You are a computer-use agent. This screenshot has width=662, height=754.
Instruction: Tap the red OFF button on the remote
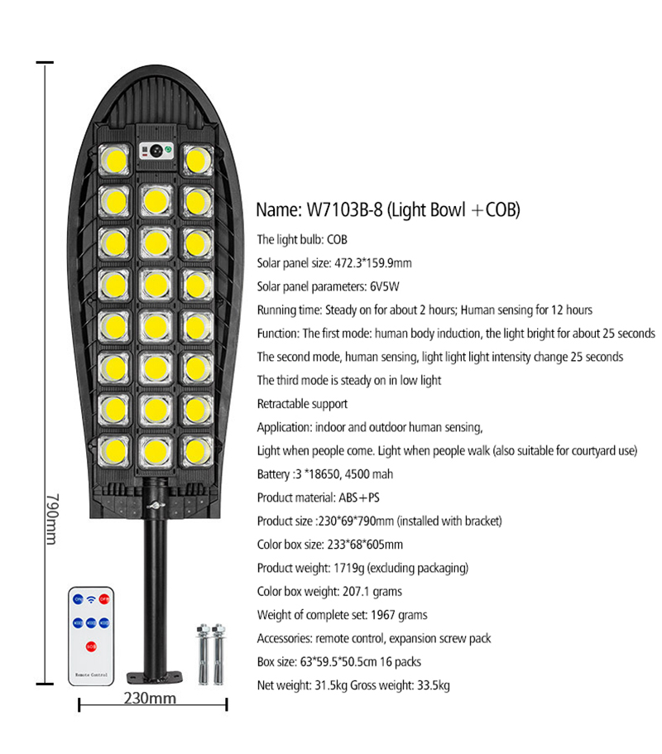click(x=103, y=599)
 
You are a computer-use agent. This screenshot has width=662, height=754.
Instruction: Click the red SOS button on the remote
click(x=91, y=646)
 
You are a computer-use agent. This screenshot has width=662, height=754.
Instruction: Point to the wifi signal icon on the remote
click(x=91, y=600)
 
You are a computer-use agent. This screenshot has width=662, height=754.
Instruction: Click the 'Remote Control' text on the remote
click(x=91, y=675)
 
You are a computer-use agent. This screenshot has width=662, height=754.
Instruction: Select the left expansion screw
click(x=204, y=654)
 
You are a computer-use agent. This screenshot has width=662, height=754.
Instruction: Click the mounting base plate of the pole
click(x=155, y=678)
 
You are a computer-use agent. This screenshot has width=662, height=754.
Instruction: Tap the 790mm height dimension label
click(x=52, y=518)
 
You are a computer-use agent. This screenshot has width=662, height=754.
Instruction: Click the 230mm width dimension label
click(x=150, y=698)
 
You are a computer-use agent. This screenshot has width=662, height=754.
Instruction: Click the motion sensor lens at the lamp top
click(x=156, y=151)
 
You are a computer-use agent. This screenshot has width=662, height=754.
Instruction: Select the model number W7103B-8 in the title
click(x=345, y=209)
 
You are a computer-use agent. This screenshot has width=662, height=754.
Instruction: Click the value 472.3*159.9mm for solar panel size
click(x=373, y=263)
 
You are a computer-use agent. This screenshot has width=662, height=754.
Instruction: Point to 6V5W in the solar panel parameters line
click(x=385, y=286)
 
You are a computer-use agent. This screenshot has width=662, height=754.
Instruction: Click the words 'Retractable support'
click(x=302, y=404)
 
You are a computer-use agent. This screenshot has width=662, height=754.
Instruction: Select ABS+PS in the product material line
click(x=359, y=497)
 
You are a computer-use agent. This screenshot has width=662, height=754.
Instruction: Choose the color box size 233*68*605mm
click(x=365, y=545)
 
